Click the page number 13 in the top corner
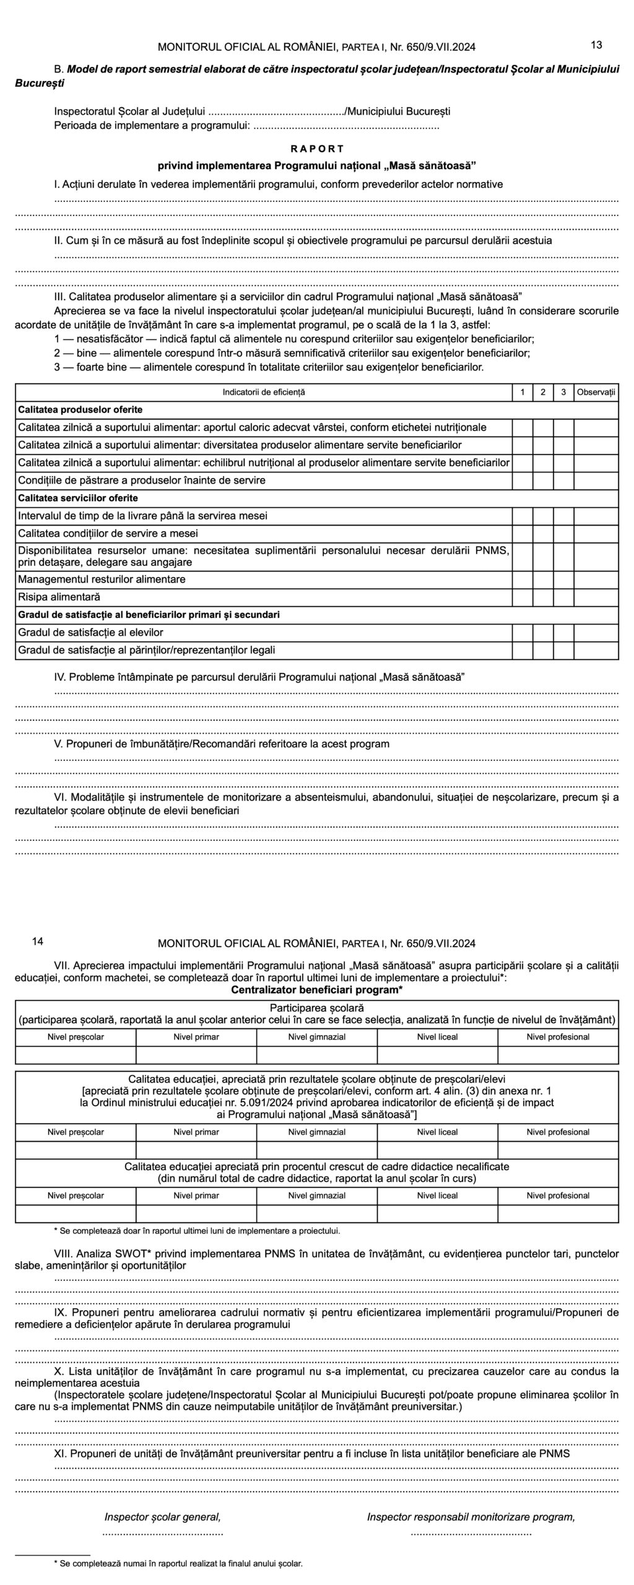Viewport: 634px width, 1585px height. point(597,45)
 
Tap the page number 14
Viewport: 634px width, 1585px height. point(37,942)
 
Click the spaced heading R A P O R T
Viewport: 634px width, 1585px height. point(317,149)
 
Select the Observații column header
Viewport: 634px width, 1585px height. point(596,392)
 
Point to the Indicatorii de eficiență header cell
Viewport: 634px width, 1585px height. point(264,392)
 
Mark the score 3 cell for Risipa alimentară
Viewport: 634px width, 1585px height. point(563,597)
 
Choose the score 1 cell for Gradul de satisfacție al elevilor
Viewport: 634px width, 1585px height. point(523,633)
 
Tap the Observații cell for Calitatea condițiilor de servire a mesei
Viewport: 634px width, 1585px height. point(596,533)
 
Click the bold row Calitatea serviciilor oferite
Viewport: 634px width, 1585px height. point(78,498)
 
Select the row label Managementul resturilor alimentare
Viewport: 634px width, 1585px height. point(102,580)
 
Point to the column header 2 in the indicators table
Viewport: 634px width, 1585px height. point(543,392)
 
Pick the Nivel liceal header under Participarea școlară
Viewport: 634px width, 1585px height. point(437,1037)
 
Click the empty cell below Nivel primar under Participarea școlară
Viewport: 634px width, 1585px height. point(196,1055)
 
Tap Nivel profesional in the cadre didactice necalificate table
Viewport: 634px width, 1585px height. point(558,1196)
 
